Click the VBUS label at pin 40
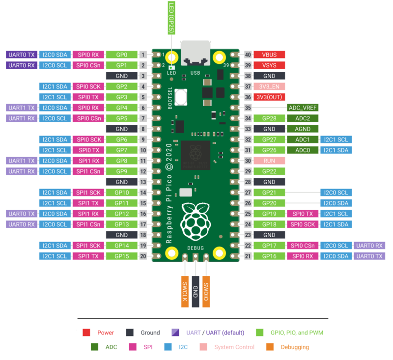[x=269, y=55]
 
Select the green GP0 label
[x=121, y=55]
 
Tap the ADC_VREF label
[x=303, y=108]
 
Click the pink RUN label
[x=269, y=161]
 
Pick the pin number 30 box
[x=248, y=161]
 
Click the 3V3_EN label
[x=269, y=86]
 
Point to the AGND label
[x=303, y=129]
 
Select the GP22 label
[x=269, y=171]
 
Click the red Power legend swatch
[x=86, y=332]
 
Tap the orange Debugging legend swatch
[x=270, y=347]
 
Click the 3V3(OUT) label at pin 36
[x=269, y=97]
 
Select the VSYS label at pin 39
[x=269, y=65]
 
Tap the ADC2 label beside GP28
[x=303, y=118]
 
